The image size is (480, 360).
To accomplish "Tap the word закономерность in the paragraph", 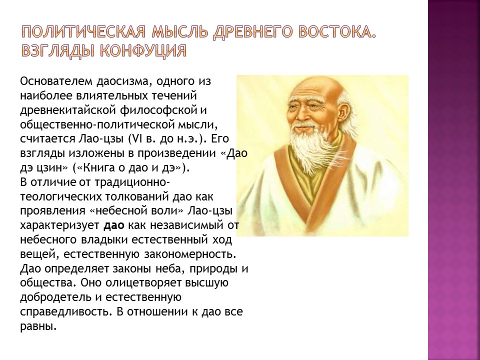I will pos(192,254).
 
